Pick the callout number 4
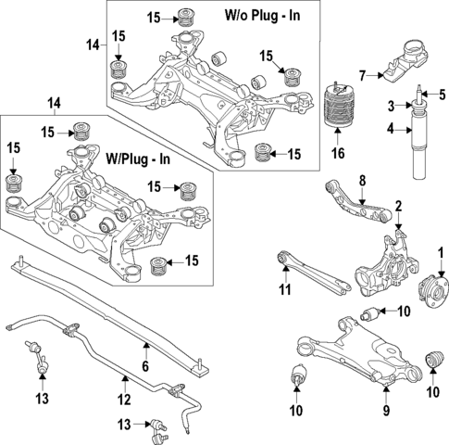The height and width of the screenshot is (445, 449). click(391, 129)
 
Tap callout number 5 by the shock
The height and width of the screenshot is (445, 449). click(442, 95)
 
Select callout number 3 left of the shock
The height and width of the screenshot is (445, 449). click(392, 104)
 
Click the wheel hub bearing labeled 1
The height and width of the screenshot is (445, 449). click(431, 286)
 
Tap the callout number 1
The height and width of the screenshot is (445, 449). click(441, 251)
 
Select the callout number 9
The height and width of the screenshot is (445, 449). click(387, 409)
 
